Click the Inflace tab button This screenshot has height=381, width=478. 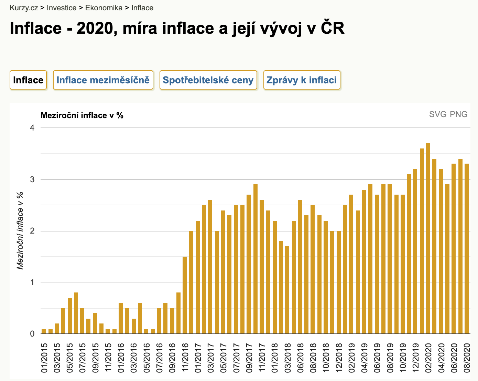click(x=28, y=80)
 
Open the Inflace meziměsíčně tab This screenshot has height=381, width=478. click(x=103, y=80)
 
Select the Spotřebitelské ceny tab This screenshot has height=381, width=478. click(x=208, y=80)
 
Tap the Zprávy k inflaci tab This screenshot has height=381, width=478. click(x=302, y=80)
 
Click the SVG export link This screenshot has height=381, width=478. click(x=438, y=114)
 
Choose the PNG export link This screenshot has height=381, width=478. click(x=459, y=114)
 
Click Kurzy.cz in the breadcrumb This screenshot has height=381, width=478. click(x=24, y=8)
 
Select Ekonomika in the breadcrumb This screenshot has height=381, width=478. click(x=104, y=8)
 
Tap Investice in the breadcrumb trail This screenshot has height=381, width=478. click(x=62, y=8)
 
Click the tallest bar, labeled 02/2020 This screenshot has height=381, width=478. click(x=428, y=238)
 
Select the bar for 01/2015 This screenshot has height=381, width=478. click(x=44, y=331)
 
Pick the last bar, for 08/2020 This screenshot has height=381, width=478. click(x=467, y=248)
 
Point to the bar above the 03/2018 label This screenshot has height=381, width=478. click(x=287, y=290)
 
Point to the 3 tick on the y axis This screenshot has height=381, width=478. click(x=32, y=179)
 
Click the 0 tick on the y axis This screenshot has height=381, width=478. click(x=32, y=333)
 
